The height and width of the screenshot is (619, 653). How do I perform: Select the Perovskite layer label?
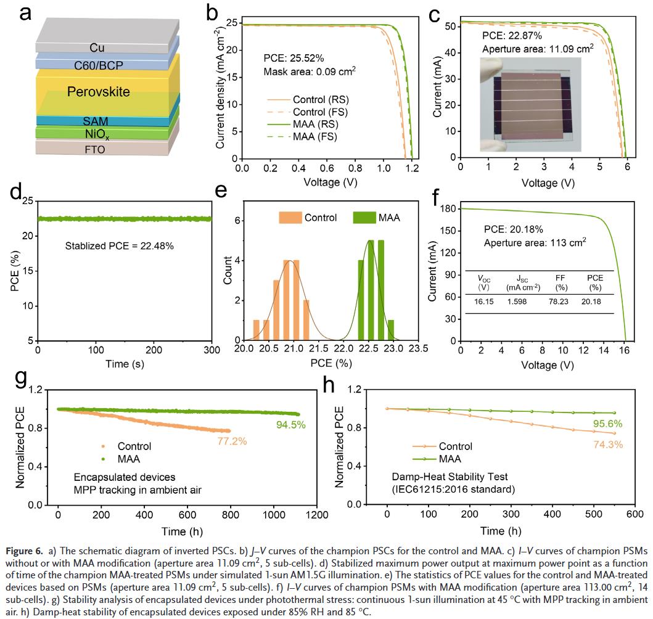[x=99, y=92]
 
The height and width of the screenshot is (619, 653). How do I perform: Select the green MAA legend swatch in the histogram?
[x=364, y=217]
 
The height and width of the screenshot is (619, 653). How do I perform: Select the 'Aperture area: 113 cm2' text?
[x=534, y=242]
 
